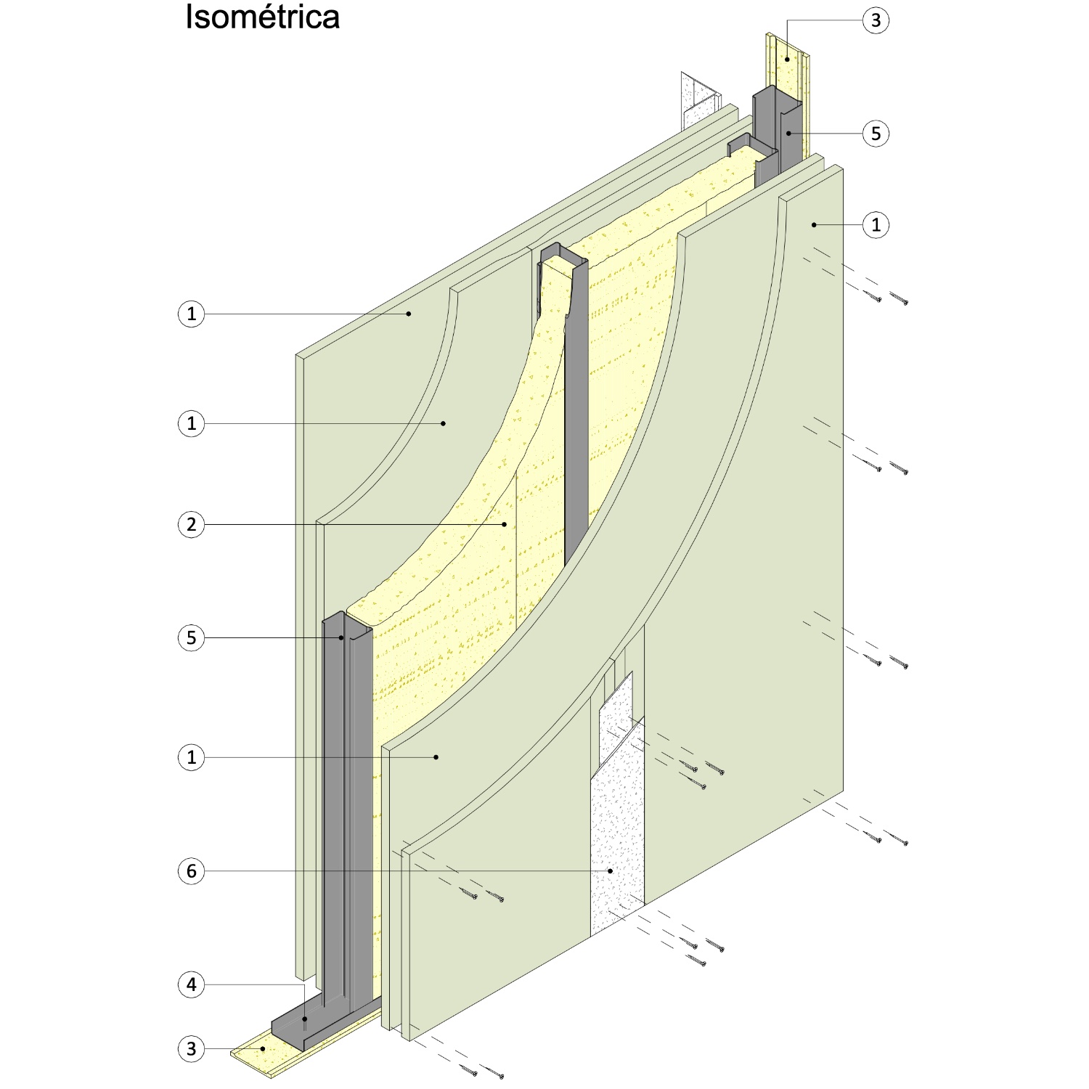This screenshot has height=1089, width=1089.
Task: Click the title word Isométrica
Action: click(x=262, y=17)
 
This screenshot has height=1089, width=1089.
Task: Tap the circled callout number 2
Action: click(x=192, y=524)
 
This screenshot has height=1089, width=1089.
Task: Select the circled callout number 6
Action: click(x=192, y=871)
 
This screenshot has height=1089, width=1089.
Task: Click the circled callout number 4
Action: click(x=192, y=984)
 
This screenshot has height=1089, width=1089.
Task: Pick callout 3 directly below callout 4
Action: click(x=192, y=1048)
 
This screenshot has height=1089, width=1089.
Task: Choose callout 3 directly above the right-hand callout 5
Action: click(x=876, y=20)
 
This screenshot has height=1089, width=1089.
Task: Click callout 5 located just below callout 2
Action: click(x=192, y=637)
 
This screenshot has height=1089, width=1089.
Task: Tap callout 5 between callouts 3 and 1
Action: click(x=876, y=134)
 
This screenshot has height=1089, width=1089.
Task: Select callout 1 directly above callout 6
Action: click(x=192, y=757)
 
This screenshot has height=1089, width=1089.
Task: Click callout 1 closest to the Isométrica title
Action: click(x=192, y=314)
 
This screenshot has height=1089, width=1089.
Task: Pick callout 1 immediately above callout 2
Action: click(x=192, y=423)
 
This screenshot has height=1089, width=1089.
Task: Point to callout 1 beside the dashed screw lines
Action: click(x=876, y=225)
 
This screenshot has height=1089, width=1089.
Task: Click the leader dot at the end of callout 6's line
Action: click(x=611, y=871)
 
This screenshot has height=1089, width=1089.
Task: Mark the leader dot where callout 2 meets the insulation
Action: click(x=505, y=524)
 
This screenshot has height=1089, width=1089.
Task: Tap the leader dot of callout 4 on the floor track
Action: click(x=305, y=1019)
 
